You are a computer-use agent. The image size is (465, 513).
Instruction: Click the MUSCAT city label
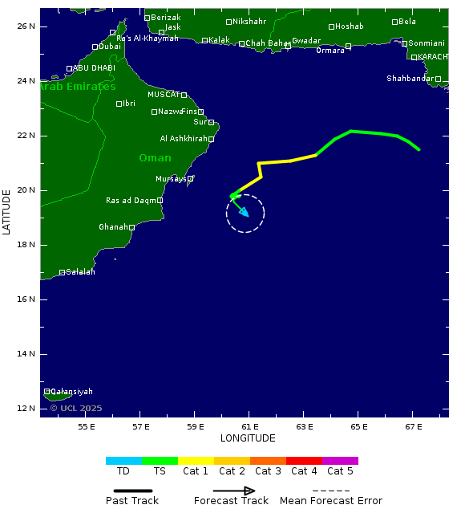tap(164, 95)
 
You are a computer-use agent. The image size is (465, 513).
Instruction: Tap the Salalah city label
tap(80, 272)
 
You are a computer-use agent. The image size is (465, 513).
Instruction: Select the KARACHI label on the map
tap(433, 57)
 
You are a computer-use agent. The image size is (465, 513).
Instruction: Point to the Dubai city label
tap(110, 47)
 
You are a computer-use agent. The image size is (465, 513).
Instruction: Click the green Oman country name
tap(155, 158)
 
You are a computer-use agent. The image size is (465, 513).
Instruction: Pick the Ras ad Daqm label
tap(131, 201)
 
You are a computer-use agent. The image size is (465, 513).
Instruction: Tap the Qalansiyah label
tap(71, 392)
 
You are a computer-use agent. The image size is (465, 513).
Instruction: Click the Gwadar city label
tap(306, 40)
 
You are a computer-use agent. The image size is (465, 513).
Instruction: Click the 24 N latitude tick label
tap(26, 81)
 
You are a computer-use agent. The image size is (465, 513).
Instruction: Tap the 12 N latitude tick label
tap(26, 409)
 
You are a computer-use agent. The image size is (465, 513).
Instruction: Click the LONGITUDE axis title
tap(248, 438)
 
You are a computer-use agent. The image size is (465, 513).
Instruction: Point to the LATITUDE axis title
tap(7, 212)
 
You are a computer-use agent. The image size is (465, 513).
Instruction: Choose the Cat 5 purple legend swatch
tap(340, 461)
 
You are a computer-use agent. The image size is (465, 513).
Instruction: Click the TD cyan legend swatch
tap(123, 461)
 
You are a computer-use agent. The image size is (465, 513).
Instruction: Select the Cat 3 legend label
tap(268, 471)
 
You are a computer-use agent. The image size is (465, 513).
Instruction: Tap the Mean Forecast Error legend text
tap(331, 501)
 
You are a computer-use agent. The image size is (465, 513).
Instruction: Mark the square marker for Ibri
tap(119, 104)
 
